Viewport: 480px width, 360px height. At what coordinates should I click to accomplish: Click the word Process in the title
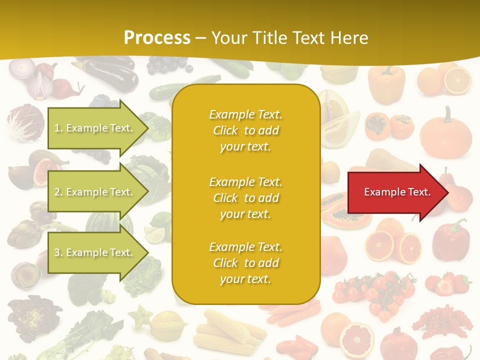click(157, 37)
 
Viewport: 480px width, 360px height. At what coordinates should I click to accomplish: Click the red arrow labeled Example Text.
click(397, 192)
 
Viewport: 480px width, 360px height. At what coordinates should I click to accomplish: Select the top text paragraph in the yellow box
click(245, 130)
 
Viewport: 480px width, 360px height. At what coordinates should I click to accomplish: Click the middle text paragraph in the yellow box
click(245, 198)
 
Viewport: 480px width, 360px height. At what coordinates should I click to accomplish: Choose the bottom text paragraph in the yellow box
click(245, 263)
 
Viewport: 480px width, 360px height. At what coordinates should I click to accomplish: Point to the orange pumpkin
click(446, 134)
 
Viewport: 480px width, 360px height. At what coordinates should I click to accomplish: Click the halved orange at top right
click(457, 80)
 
